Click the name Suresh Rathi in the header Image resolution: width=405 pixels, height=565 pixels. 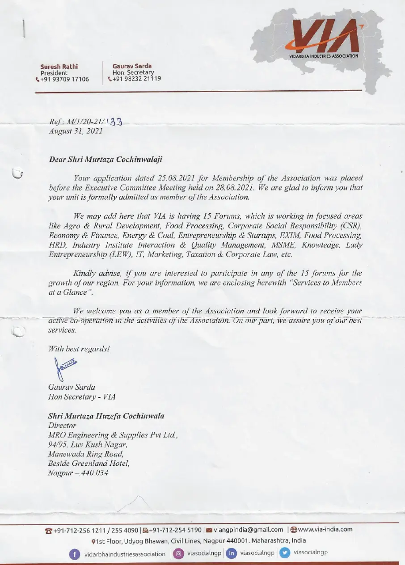59,67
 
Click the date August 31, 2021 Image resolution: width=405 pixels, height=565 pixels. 76,131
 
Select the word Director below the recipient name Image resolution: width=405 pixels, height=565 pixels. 62,426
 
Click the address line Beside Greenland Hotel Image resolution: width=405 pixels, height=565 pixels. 89,464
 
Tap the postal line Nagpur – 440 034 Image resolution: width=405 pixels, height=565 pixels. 78,473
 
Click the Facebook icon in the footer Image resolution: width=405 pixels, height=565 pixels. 74,554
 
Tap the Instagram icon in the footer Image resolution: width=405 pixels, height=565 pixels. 179,553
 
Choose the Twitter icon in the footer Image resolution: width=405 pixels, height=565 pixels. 284,553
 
